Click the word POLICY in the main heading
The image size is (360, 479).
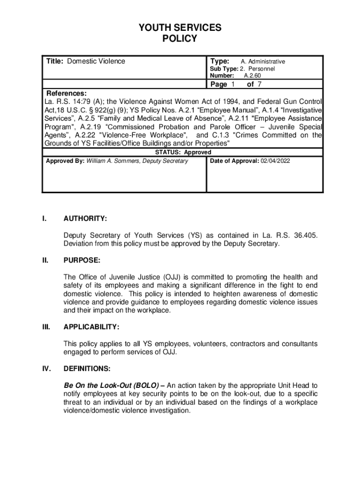click(180, 39)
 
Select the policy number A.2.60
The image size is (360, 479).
click(252, 75)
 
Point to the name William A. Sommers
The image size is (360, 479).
click(113, 161)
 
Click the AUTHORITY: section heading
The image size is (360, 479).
click(85, 218)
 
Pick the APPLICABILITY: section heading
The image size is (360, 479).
click(91, 327)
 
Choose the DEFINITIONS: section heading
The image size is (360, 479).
click(87, 369)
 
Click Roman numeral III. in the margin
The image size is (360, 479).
click(46, 327)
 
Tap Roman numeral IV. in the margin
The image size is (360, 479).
click(46, 369)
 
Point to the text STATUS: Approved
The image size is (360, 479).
click(183, 152)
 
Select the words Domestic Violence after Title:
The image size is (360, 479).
click(96, 61)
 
